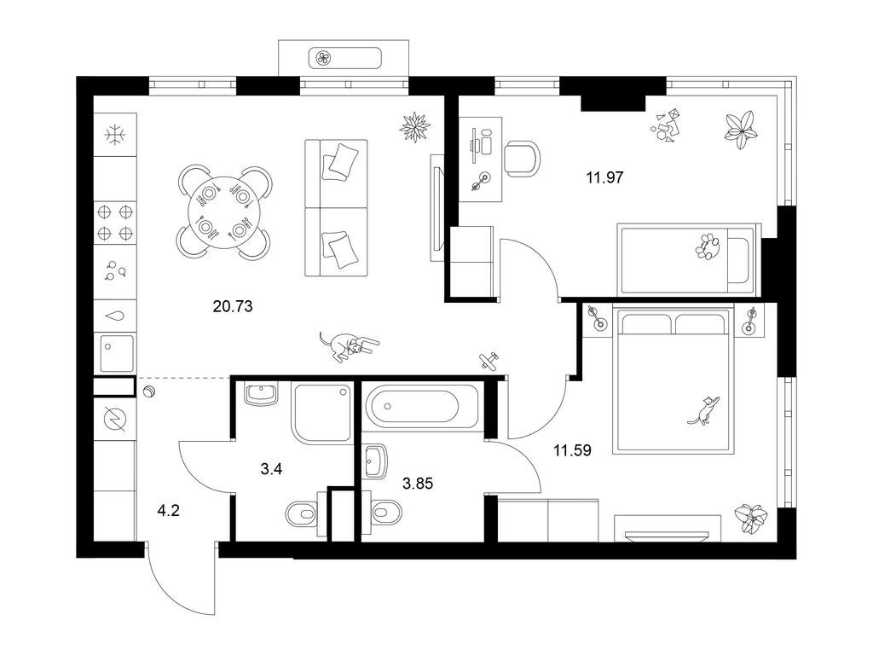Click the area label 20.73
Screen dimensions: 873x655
pyautogui.click(x=233, y=306)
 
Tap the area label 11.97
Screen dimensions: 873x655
pyautogui.click(x=604, y=177)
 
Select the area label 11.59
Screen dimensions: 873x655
pyautogui.click(x=572, y=450)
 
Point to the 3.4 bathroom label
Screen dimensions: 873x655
pyautogui.click(x=271, y=470)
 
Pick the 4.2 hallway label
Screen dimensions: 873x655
pyautogui.click(x=168, y=511)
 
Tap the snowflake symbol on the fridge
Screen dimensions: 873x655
pyautogui.click(x=115, y=134)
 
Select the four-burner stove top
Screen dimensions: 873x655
pyautogui.click(x=115, y=223)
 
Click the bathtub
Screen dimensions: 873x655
pyautogui.click(x=420, y=405)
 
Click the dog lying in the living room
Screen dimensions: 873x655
pyautogui.click(x=349, y=346)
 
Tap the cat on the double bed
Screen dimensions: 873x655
pyautogui.click(x=703, y=410)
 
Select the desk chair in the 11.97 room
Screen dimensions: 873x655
pyautogui.click(x=523, y=158)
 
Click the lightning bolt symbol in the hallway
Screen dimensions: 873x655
pyautogui.click(x=115, y=418)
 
